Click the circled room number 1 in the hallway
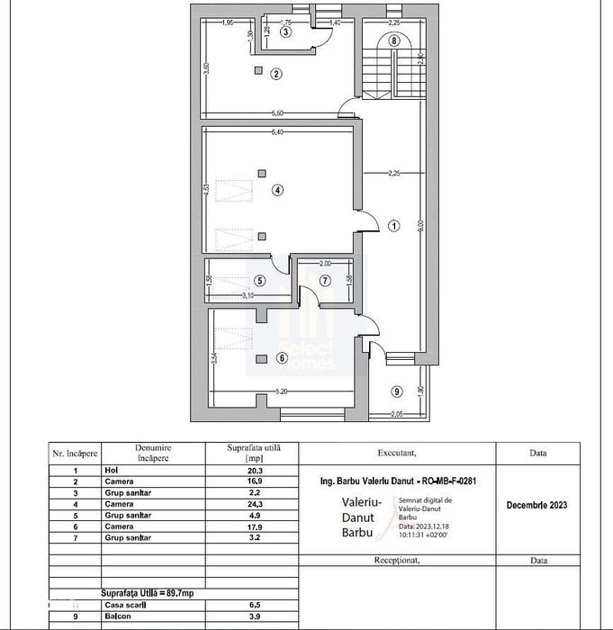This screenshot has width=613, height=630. pyautogui.click(x=393, y=226)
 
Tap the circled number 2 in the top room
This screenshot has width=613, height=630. pyautogui.click(x=276, y=74)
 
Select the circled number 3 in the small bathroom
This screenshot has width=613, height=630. pyautogui.click(x=286, y=31)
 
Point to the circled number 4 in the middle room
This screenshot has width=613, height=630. pyautogui.click(x=278, y=190)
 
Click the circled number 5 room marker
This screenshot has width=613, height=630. pyautogui.click(x=259, y=280)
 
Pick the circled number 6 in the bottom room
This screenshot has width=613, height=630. pyautogui.click(x=282, y=358)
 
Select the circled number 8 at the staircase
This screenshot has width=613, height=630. pyautogui.click(x=393, y=40)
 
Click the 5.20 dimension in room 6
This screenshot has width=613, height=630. pyautogui.click(x=281, y=392)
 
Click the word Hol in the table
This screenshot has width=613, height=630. pyautogui.click(x=112, y=470)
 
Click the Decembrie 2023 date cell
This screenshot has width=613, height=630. pyautogui.click(x=537, y=504)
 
